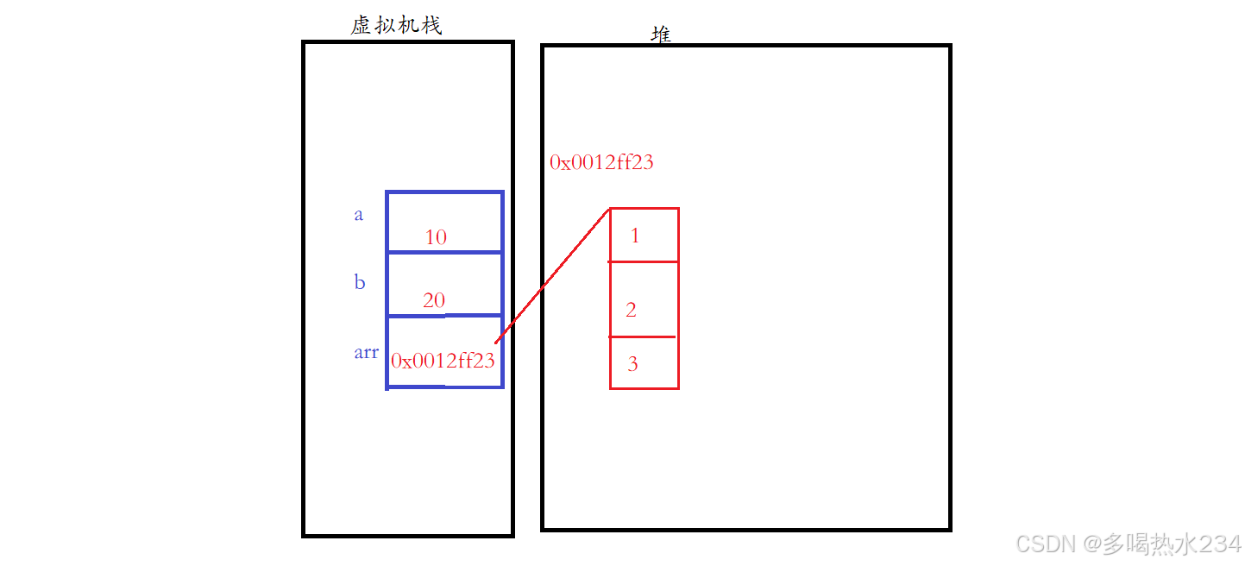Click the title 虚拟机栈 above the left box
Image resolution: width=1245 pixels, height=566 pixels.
(x=396, y=26)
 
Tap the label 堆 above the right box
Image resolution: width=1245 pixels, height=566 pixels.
(x=661, y=35)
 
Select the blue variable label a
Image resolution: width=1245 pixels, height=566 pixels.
(x=359, y=215)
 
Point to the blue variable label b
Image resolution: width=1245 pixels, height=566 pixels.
(x=360, y=282)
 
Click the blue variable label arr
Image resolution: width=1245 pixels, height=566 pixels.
(x=366, y=352)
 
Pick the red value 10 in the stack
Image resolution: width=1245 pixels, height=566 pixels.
(x=436, y=237)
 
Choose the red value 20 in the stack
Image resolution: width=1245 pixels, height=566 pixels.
(x=434, y=300)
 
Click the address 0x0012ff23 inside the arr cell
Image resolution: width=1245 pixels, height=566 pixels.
(x=443, y=361)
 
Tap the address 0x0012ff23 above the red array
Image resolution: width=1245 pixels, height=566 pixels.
(x=601, y=162)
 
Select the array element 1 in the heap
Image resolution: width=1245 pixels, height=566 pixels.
(x=635, y=236)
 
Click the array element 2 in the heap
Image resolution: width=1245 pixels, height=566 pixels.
(x=631, y=310)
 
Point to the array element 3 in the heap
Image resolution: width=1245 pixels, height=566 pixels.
(x=632, y=364)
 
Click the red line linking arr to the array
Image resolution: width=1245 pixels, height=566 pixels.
(x=552, y=277)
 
